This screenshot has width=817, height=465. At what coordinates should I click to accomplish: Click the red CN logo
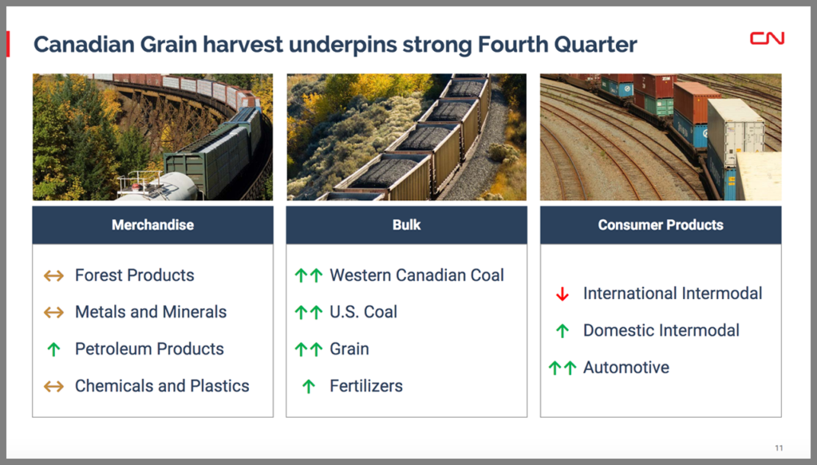767,38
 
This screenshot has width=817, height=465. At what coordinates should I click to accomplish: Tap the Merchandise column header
152,225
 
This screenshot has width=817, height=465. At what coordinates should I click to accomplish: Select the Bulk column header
406,225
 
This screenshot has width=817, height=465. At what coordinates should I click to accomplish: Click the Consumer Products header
661,225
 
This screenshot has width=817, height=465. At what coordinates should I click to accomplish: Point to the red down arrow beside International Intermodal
562,294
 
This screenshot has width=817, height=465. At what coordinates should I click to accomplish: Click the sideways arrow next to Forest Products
53,275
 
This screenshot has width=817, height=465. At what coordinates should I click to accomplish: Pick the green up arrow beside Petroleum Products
53,349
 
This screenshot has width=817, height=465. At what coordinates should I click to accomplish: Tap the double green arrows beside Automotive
562,368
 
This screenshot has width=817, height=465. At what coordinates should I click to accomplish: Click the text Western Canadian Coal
416,275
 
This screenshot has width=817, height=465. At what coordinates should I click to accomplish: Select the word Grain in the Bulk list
349,349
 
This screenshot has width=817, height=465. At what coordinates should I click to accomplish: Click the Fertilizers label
366,386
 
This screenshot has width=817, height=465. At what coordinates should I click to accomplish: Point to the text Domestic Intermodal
661,330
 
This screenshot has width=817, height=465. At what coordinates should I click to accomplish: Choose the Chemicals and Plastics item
162,386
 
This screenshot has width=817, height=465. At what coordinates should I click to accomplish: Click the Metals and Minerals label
151,312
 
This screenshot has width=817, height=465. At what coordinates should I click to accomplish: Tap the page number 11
779,447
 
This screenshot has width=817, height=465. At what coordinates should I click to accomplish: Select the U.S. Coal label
364,312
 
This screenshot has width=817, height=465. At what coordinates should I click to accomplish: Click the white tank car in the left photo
156,187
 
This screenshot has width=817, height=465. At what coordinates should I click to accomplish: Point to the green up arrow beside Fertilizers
309,386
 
